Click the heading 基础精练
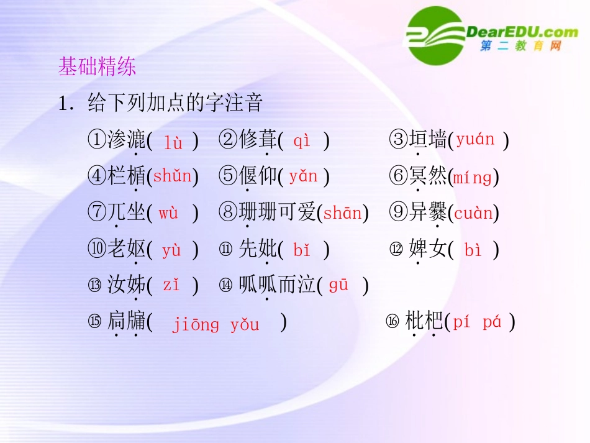point(97,67)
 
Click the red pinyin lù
point(173,142)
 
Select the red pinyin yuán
point(475,140)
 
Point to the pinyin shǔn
point(173,176)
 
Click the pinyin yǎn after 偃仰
point(303,176)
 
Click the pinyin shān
point(342,214)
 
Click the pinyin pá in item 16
point(491,322)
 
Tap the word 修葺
point(258,140)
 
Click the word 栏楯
point(127,177)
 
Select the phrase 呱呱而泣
point(277,286)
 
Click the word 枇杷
point(424,321)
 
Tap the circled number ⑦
point(97,214)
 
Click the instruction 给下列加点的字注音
point(176,103)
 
